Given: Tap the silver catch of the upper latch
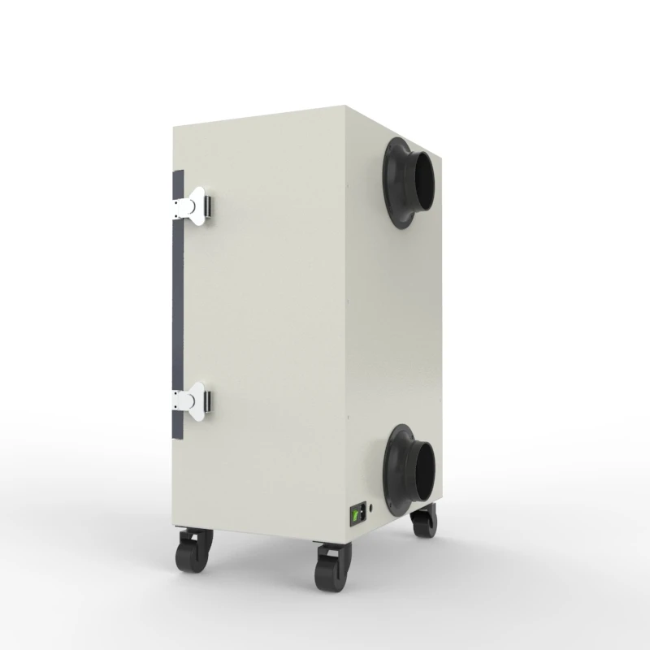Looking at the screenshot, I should [206, 206].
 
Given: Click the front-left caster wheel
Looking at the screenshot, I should [190, 560].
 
